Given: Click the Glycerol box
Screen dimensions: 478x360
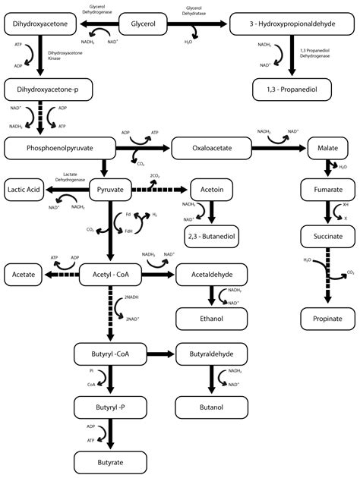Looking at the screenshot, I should (x=144, y=25).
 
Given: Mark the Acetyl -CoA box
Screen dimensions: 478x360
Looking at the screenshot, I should (x=111, y=273).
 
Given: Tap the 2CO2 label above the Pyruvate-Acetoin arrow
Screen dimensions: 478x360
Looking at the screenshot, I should (x=155, y=176).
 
